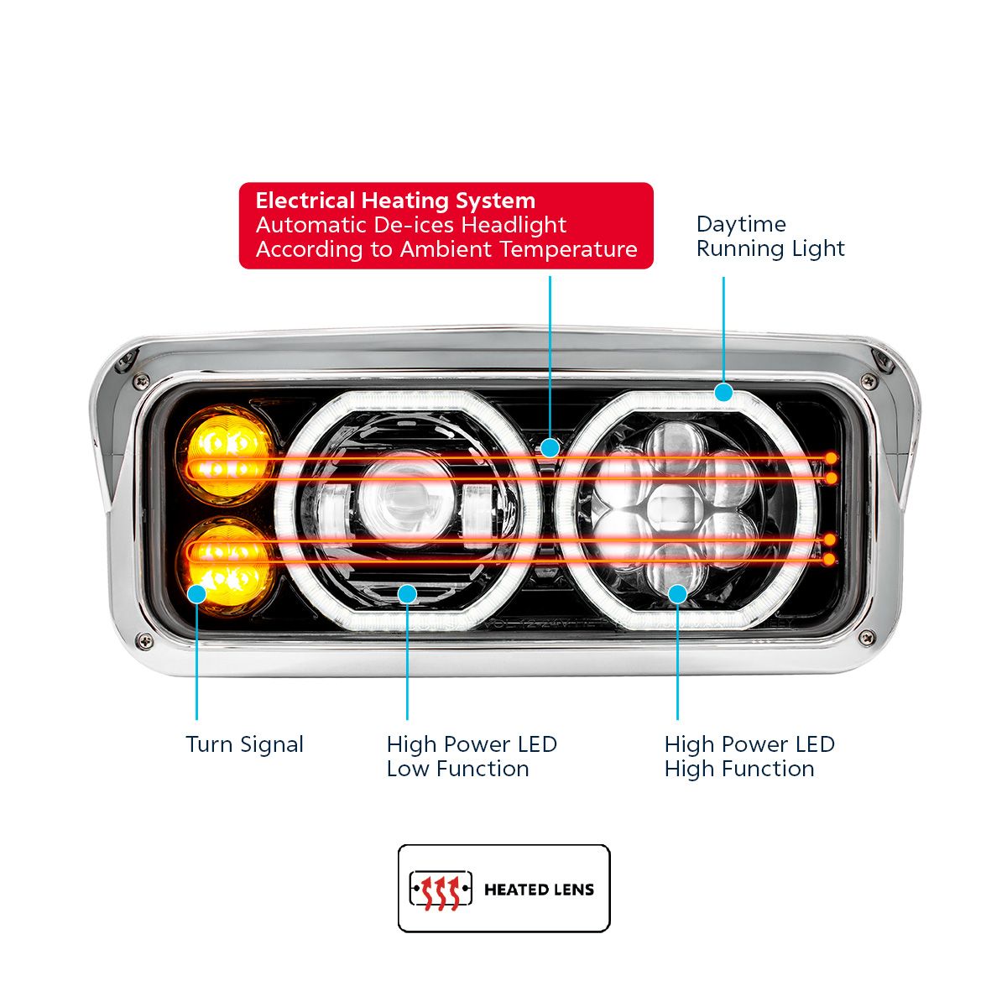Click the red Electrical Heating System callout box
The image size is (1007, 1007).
pos(446,226)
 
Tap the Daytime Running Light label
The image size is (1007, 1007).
pos(770,237)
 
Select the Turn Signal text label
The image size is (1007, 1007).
pos(244,744)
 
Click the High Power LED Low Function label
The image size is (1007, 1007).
pos(471,756)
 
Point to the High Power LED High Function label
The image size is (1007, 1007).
pos(749,756)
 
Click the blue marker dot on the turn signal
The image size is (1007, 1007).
pos(196,593)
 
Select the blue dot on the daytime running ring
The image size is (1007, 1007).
pos(723,392)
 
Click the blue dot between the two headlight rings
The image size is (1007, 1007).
pos(550,448)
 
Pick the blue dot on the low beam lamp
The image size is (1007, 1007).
pos(407,594)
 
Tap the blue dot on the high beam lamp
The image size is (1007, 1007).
pos(677,594)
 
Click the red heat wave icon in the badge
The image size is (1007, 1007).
pos(441,890)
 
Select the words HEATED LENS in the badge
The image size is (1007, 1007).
pos(539,890)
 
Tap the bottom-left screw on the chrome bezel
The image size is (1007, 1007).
pos(145,641)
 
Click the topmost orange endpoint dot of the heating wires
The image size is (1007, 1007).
pos(830,458)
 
